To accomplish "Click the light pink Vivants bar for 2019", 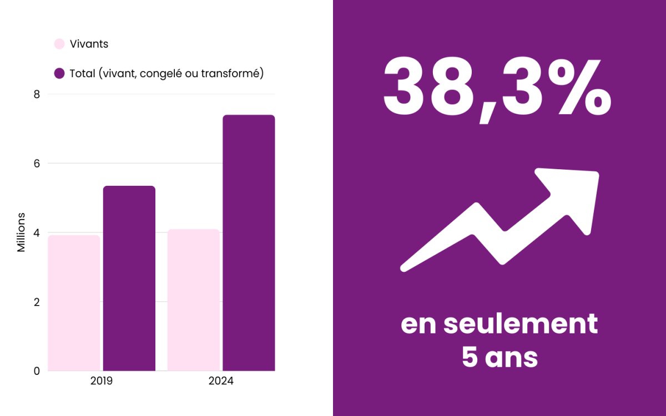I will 74,303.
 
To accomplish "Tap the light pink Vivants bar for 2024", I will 194,300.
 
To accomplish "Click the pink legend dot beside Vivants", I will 59,44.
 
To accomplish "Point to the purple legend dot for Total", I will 59,73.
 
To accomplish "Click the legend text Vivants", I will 89,44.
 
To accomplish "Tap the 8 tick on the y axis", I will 37,94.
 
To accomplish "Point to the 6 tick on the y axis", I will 37,164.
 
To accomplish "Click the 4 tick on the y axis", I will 37,233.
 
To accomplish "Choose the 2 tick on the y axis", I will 37,302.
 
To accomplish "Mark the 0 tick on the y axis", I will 37,371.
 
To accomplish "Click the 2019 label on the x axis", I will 102,382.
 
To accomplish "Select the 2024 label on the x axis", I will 221,382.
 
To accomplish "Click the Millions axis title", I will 21,232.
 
